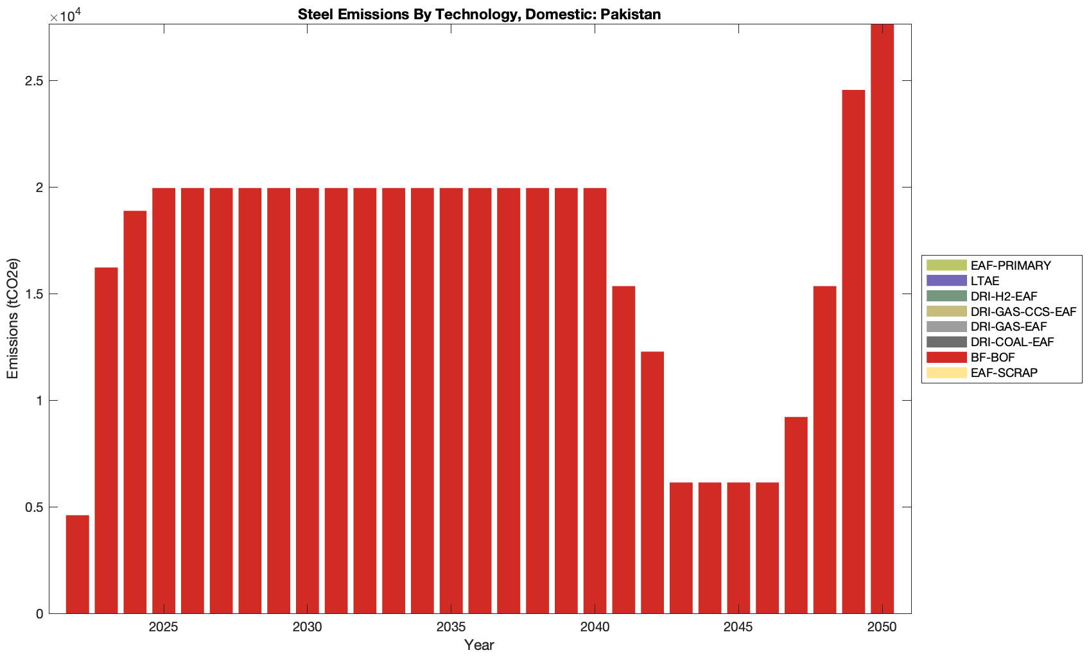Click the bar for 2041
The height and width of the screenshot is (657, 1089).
(x=623, y=450)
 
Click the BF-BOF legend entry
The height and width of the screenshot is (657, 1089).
(x=992, y=358)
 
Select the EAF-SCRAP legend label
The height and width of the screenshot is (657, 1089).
(x=1004, y=373)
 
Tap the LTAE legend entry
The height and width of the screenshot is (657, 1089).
(x=984, y=281)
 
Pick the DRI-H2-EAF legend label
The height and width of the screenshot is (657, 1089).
(x=1004, y=297)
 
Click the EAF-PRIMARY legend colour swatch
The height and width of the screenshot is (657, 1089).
(x=946, y=265)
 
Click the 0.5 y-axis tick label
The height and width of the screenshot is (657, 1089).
(x=34, y=507)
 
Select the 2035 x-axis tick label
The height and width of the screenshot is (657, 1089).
(x=451, y=627)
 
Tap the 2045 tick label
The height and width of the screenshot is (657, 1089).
(x=738, y=627)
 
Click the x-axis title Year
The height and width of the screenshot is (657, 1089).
(x=479, y=645)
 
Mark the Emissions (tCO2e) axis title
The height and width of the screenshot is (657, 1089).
(x=13, y=319)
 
